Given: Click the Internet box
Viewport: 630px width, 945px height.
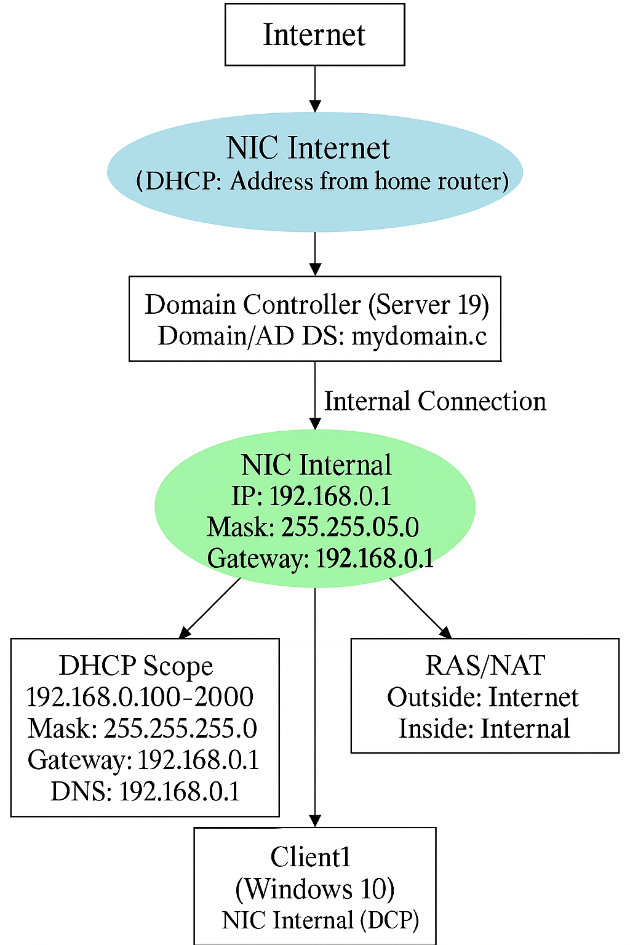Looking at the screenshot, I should (314, 34).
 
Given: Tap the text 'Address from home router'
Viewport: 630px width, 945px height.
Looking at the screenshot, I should (369, 181).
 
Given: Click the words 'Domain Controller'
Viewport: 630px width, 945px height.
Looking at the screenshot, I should (252, 305).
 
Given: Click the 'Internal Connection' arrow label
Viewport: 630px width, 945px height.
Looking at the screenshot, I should (435, 401).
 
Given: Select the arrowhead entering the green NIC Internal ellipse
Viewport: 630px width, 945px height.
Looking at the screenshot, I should (315, 424).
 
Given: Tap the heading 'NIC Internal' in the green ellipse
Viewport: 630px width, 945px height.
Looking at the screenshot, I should (316, 465).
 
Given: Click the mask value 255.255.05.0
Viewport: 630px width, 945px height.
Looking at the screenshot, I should (350, 527).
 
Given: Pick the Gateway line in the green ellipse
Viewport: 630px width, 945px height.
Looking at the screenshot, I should (320, 559).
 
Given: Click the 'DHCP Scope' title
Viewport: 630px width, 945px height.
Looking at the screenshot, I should (136, 666).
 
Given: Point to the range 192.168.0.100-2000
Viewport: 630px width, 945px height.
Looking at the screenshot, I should (140, 697).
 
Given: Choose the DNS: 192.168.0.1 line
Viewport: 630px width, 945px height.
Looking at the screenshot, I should (145, 791).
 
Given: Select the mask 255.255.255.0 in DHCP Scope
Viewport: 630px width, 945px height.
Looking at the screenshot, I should (180, 728).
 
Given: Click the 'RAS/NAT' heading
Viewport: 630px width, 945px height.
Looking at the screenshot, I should (485, 666).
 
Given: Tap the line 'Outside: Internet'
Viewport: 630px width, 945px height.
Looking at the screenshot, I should (483, 697).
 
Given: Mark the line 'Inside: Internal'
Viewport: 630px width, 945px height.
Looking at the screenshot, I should (484, 728).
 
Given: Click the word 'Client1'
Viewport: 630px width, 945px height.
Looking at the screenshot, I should (311, 857).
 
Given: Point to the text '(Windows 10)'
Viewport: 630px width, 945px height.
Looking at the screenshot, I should (315, 888).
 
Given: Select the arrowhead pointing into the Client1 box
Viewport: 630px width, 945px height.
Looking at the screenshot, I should (315, 821).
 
